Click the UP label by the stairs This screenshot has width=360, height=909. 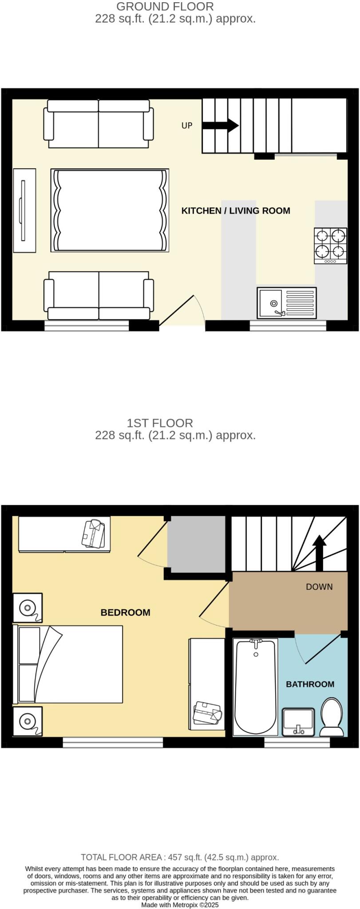(x=187, y=126)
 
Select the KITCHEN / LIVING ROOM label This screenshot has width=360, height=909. (x=236, y=211)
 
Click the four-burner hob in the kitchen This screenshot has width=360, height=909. (x=331, y=245)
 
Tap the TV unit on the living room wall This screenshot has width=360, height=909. (x=24, y=210)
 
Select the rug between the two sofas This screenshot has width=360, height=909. (x=110, y=210)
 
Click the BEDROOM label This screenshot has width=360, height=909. (x=125, y=613)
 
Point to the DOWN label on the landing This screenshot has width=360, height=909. (x=319, y=587)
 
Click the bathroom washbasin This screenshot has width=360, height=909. (x=298, y=721)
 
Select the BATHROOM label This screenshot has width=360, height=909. (x=310, y=684)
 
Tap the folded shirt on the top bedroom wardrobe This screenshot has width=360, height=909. (x=93, y=533)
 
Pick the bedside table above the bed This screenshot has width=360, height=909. (x=28, y=608)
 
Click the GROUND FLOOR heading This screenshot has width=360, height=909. (x=165, y=7)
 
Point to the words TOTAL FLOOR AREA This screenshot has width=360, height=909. (x=121, y=857)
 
